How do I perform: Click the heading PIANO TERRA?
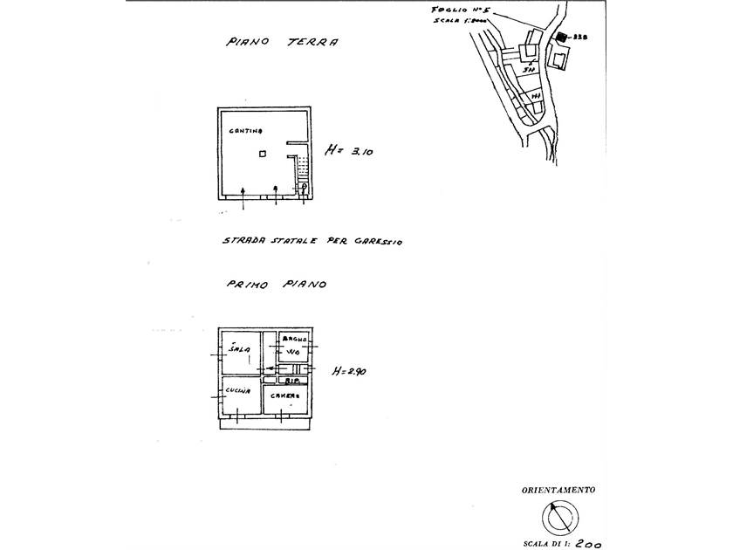pyautogui.click(x=281, y=41)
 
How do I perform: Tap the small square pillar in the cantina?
pyautogui.click(x=263, y=155)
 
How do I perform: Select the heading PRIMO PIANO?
pyautogui.click(x=276, y=285)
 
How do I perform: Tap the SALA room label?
pyautogui.click(x=239, y=350)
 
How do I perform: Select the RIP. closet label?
pyautogui.click(x=293, y=382)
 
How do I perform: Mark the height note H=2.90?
pyautogui.click(x=349, y=372)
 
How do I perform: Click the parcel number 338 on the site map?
pyautogui.click(x=579, y=38)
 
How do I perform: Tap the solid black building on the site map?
pyautogui.click(x=563, y=38)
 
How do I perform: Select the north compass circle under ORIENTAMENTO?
pyautogui.click(x=559, y=518)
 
